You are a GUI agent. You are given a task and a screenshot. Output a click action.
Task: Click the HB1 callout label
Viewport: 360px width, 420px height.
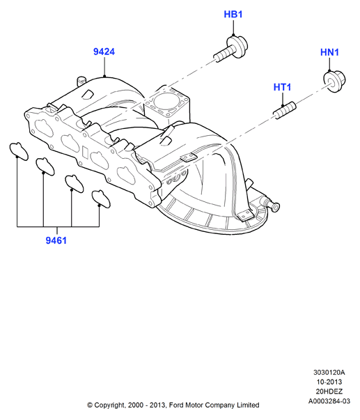click(x=233, y=14)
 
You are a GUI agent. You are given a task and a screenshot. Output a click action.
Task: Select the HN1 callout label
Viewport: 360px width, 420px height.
click(x=329, y=52)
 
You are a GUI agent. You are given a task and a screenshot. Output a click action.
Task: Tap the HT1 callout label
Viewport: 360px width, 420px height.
click(x=282, y=87)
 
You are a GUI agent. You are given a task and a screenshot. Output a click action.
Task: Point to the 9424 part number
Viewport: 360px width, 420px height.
click(x=104, y=52)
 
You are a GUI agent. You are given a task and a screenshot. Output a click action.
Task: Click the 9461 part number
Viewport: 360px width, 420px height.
click(x=56, y=240)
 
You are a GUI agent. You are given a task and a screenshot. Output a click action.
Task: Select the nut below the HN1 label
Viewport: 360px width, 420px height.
click(x=334, y=81)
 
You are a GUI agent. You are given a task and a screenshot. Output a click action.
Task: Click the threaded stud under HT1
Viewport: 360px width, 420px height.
click(x=285, y=110)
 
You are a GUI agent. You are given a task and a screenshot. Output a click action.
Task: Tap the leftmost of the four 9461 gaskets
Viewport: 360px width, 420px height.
click(x=19, y=151)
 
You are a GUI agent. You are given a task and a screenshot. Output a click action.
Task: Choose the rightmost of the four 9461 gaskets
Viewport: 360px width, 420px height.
click(x=101, y=199)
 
